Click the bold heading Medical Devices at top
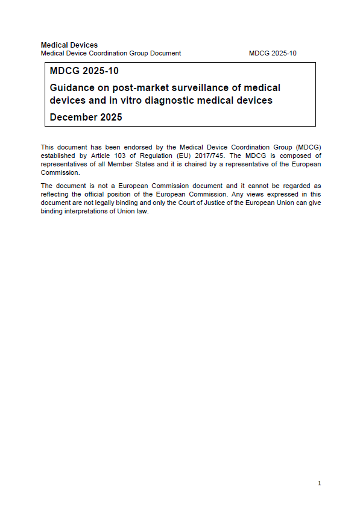(x=69, y=45)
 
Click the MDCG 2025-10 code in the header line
(x=273, y=53)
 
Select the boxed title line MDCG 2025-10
(x=84, y=72)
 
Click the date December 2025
(x=86, y=117)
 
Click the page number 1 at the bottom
(x=319, y=483)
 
